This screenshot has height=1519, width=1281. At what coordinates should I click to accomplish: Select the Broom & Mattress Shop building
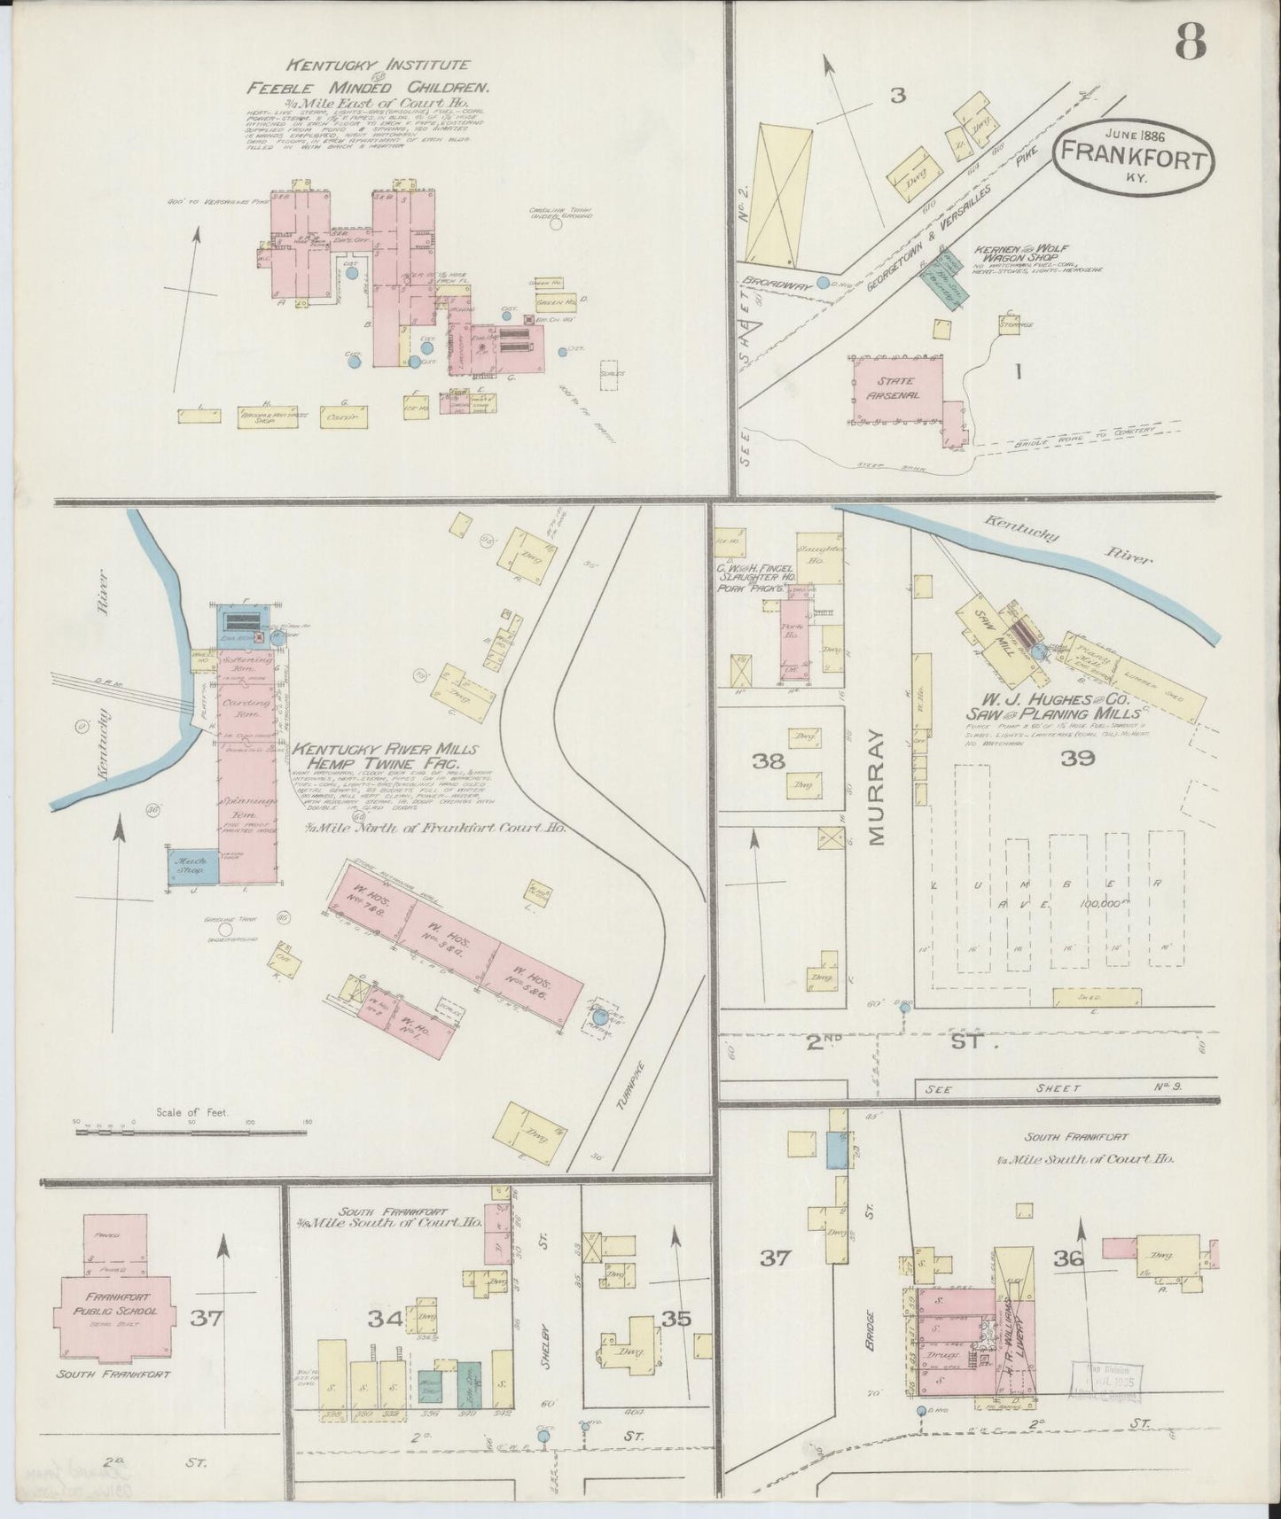point(268,417)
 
